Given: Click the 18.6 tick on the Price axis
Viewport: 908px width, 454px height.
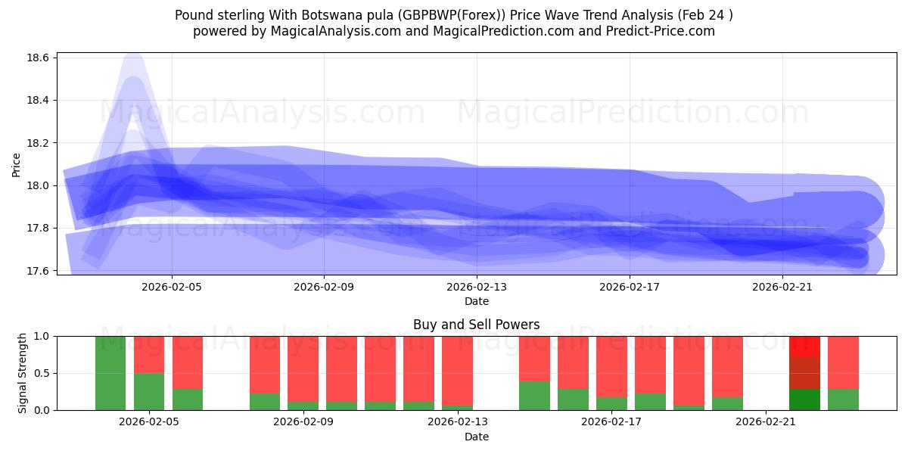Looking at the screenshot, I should (39, 58).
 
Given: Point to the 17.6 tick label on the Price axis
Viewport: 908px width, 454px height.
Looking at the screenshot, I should (39, 271).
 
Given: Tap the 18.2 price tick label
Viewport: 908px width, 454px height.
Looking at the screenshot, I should (39, 143).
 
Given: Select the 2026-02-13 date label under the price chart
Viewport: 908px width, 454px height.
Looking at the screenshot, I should (477, 287).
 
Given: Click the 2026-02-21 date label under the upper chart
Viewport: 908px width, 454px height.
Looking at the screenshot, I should (782, 287).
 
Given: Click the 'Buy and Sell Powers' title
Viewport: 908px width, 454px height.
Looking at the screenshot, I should (476, 325).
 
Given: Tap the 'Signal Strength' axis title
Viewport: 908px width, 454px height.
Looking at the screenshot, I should (23, 372).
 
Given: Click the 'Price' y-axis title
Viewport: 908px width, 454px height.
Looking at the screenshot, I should (17, 164).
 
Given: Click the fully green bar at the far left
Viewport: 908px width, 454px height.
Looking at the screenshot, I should (110, 372).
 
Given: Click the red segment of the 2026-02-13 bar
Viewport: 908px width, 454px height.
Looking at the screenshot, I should (457, 371).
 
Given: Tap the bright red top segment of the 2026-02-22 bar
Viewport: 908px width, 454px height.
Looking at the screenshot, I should (804, 346).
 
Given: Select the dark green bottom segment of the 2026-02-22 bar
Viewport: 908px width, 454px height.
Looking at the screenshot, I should (804, 400).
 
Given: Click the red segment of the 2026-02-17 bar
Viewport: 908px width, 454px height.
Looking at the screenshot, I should (611, 366).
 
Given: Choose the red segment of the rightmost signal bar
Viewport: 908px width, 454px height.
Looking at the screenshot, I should (843, 362).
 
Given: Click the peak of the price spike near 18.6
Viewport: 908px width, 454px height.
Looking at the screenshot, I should (133, 54).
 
